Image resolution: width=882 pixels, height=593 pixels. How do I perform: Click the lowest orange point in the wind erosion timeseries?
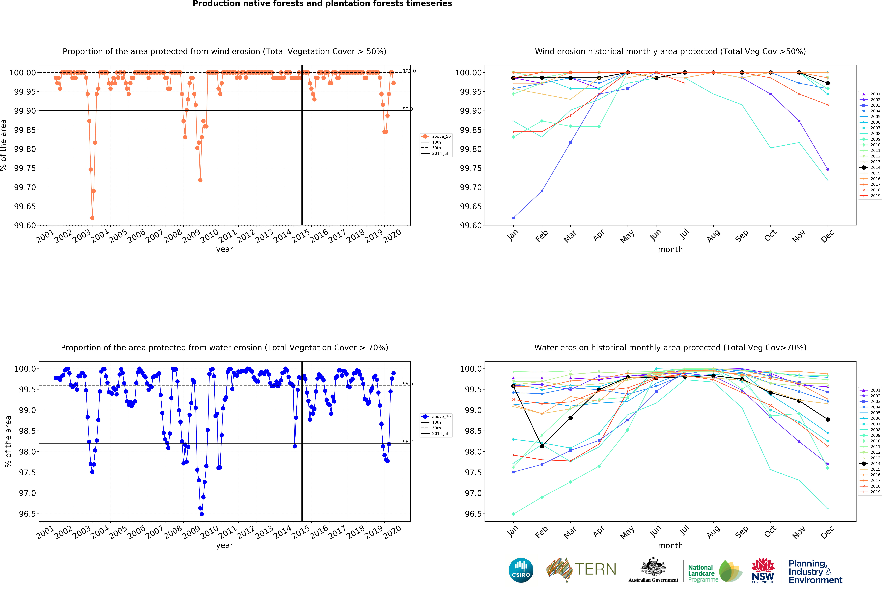pyautogui.click(x=92, y=218)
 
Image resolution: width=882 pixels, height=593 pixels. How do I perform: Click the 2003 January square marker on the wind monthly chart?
pyautogui.click(x=513, y=218)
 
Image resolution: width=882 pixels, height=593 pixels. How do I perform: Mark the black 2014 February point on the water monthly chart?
pyautogui.click(x=542, y=446)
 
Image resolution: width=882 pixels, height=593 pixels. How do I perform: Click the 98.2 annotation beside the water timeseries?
pyautogui.click(x=407, y=441)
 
